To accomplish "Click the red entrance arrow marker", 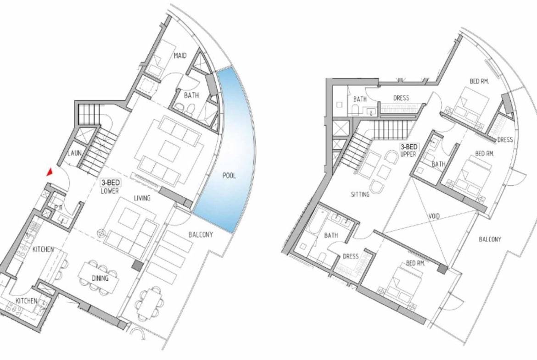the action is click(x=50, y=172).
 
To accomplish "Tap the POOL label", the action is click(x=229, y=176).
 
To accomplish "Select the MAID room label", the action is click(x=180, y=55).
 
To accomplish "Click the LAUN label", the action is click(x=74, y=153).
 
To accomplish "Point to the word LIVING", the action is click(x=142, y=198).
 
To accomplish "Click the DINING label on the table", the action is click(x=100, y=278).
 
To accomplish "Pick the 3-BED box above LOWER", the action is click(x=110, y=183).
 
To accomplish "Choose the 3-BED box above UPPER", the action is click(x=409, y=147).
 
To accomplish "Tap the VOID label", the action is click(x=434, y=216).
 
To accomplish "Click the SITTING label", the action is click(x=360, y=194).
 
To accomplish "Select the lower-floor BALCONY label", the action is click(x=201, y=235).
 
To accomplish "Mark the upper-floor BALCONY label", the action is click(x=490, y=239).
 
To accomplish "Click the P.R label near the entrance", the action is click(x=58, y=208).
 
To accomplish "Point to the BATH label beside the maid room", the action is click(x=191, y=95).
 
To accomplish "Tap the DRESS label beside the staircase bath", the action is click(x=401, y=98).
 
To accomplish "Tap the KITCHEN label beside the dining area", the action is click(x=43, y=249).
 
